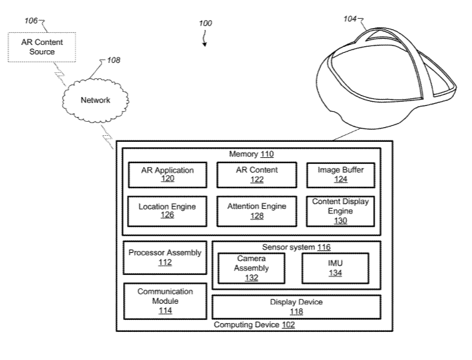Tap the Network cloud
[95, 100]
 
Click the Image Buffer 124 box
[340, 175]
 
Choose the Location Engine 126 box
[167, 211]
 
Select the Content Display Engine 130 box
[340, 211]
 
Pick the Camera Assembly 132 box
[251, 268]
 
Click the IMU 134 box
[335, 268]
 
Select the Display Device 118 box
[296, 306]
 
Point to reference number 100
[205, 23]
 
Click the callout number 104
[350, 19]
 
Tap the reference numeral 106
[31, 21]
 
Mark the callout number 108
[114, 60]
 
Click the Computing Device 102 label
[253, 325]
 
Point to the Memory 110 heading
[251, 154]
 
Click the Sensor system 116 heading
[296, 248]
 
